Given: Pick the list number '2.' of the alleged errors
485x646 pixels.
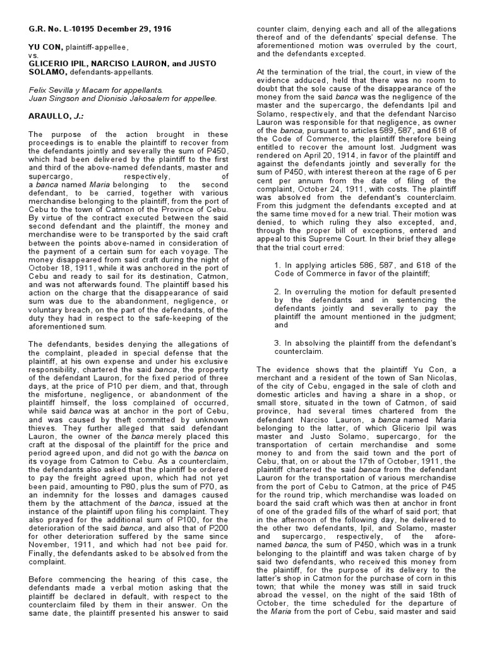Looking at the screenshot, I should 278,290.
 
